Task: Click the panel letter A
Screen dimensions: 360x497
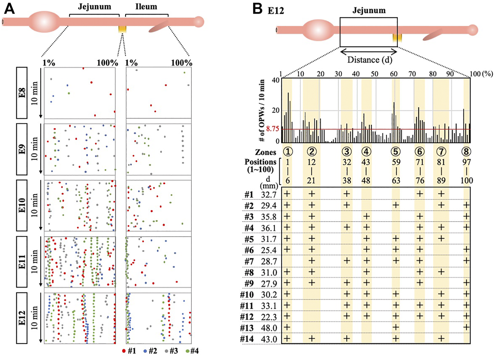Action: click(x=9, y=8)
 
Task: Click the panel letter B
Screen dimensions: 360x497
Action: click(x=258, y=8)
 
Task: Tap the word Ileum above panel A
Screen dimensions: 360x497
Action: click(x=146, y=7)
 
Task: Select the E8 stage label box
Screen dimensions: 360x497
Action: click(x=22, y=93)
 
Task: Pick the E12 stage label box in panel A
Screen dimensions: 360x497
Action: click(x=22, y=318)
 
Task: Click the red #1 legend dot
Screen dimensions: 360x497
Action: click(x=124, y=351)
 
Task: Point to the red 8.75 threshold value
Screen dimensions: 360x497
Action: click(x=272, y=129)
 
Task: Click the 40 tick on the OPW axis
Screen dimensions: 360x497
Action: click(x=275, y=80)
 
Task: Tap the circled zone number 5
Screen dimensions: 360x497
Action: click(x=396, y=151)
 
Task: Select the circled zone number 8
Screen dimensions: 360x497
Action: click(x=466, y=151)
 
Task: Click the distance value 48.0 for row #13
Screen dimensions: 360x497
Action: click(x=269, y=328)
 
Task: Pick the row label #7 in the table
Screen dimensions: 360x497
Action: click(x=249, y=261)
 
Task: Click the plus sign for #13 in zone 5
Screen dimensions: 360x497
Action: click(x=396, y=328)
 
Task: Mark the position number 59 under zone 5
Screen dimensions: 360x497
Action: click(x=396, y=162)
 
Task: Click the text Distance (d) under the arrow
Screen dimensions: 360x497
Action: click(x=370, y=60)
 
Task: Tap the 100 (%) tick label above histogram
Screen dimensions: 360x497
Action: click(x=482, y=74)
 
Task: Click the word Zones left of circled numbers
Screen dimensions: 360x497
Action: click(x=265, y=152)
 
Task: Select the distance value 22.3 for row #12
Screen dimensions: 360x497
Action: click(x=269, y=317)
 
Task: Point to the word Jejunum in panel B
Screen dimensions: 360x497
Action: click(x=369, y=10)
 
